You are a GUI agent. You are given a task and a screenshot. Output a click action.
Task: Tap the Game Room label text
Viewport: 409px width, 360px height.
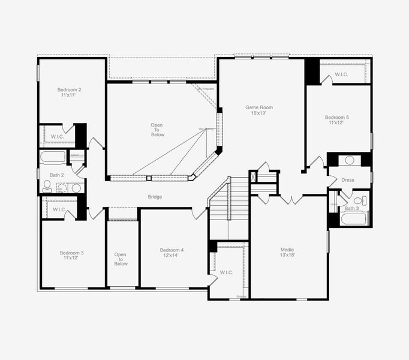tap(258, 110)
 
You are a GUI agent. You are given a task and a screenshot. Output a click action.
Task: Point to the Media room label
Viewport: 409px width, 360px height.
tap(287, 252)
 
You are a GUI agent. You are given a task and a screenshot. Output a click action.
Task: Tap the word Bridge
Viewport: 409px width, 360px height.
tap(155, 197)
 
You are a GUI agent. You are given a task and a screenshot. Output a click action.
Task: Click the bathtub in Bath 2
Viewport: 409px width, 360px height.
tap(54, 158)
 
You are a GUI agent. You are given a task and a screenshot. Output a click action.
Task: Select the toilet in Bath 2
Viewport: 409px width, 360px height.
tap(47, 185)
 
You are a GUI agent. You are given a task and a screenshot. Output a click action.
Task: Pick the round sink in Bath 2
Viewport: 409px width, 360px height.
tap(76, 188)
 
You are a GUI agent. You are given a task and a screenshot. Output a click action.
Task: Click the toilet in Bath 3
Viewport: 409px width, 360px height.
tap(358, 201)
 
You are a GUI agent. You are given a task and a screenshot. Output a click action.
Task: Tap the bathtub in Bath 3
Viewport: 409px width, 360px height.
tap(353, 218)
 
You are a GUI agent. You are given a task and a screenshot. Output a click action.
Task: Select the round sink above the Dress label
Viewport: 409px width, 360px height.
tap(349, 160)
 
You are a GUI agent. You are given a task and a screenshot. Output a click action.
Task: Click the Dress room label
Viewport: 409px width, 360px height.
tap(348, 180)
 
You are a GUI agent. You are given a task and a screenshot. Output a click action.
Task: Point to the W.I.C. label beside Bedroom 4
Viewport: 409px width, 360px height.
tap(226, 272)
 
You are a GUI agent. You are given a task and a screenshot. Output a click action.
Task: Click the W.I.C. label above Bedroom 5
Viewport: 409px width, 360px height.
tap(341, 75)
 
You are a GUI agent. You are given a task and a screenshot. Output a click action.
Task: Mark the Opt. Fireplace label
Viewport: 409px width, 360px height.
tap(206, 89)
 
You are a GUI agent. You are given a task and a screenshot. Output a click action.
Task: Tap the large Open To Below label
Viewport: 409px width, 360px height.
tap(157, 130)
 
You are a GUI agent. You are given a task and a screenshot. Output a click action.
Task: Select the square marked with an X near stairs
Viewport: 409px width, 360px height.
tap(253, 177)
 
